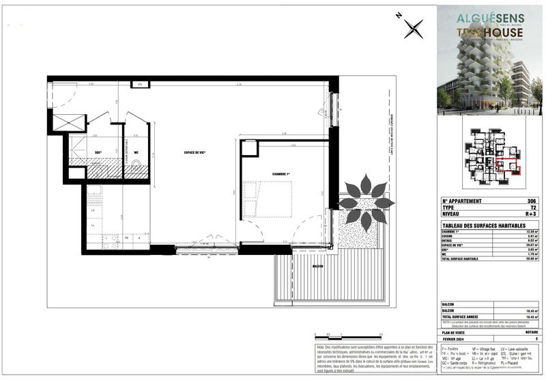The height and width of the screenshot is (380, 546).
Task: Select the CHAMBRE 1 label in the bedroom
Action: point(281,174)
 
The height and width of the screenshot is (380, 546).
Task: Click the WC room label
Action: point(136,152)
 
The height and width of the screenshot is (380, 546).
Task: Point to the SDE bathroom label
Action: point(97,152)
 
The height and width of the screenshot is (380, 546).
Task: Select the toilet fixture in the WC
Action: point(136,164)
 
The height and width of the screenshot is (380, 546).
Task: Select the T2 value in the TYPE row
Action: point(534,207)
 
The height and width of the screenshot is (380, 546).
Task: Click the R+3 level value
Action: point(532,214)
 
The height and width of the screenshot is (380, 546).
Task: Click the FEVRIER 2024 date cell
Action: point(459,338)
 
